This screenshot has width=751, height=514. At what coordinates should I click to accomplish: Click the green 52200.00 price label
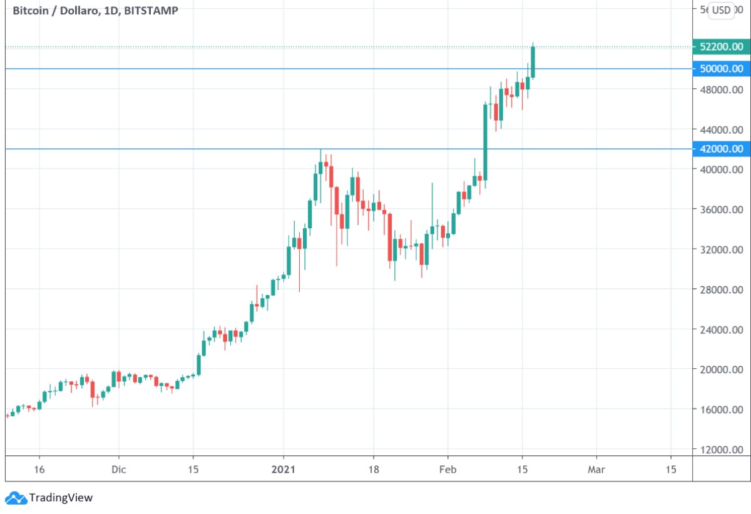tap(722, 47)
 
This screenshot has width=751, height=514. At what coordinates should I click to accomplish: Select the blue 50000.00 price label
tap(722, 69)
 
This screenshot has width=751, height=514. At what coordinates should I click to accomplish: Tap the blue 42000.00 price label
tap(722, 149)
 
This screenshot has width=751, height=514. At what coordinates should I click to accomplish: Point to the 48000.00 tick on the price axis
tap(722, 89)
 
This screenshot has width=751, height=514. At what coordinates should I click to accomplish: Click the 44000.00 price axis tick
tap(722, 129)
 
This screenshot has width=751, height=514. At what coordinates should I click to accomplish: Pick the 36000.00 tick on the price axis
tap(722, 209)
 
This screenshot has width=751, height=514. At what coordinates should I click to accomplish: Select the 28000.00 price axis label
tap(722, 290)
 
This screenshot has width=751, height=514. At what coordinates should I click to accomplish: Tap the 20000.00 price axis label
tap(722, 370)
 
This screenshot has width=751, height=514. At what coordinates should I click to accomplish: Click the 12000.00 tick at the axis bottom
tap(722, 450)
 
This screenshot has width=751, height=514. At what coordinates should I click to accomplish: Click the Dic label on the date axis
tap(118, 470)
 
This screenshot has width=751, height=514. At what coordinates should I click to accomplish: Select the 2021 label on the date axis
tap(284, 470)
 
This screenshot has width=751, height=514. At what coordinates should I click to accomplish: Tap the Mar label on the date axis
tap(596, 470)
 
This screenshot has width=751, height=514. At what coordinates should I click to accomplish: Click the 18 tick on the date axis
tap(374, 470)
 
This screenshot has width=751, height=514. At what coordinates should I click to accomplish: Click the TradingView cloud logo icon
tap(15, 498)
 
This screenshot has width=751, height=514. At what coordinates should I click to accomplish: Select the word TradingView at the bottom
tap(61, 498)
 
